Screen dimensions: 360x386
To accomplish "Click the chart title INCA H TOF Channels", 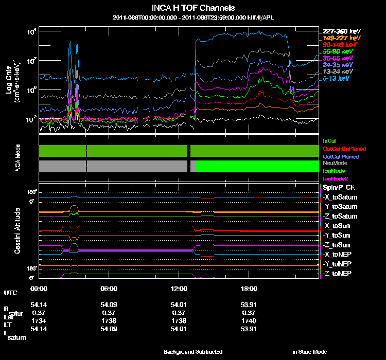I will [194, 8].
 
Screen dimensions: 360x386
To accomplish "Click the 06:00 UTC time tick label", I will [109, 289].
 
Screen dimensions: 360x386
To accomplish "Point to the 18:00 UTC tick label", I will [249, 289].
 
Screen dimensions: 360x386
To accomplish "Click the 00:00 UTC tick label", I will [39, 289].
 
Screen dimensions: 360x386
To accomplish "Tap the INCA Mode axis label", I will [17, 157].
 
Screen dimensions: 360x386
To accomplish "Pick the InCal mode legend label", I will [329, 140].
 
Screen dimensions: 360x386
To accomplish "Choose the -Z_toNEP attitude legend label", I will [338, 273].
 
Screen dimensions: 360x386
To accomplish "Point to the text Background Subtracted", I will [193, 352].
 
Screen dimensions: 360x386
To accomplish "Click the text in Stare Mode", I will [309, 352].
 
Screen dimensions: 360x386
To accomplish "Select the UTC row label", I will [10, 293].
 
